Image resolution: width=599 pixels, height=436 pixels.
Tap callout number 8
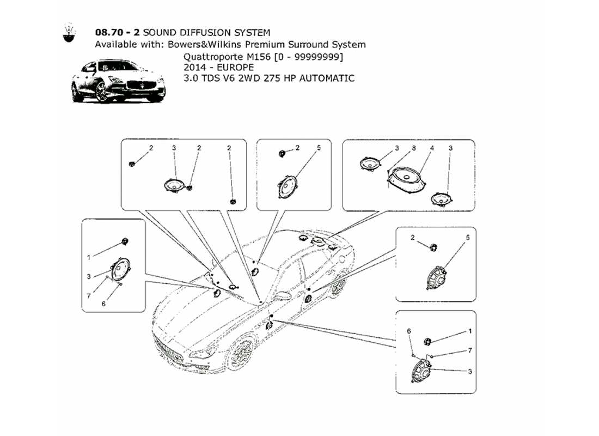coord(414,148)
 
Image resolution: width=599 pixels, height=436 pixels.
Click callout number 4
coord(431,148)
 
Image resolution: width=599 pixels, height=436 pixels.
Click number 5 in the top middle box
coord(319,148)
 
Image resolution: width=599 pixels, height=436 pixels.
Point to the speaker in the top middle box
coord(288,187)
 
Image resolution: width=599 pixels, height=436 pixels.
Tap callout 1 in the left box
coord(89,256)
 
